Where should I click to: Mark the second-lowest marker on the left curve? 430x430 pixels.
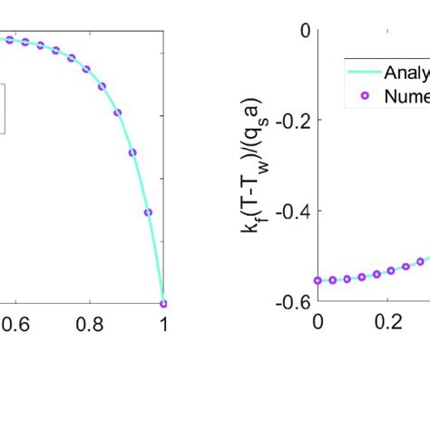pyautogui.click(x=148, y=212)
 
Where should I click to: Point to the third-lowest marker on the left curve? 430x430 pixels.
pyautogui.click(x=132, y=152)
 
